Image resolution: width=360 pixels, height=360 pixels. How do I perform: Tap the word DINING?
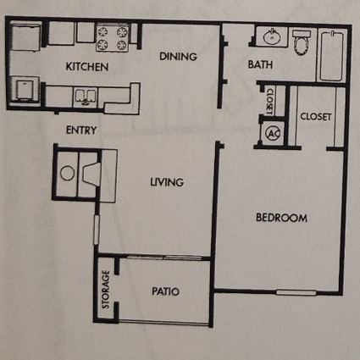(178, 57)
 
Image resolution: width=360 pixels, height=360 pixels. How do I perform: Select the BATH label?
(259, 64)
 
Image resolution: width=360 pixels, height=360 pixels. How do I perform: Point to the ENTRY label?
(81, 130)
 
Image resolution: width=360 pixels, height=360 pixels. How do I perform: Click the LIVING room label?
(168, 182)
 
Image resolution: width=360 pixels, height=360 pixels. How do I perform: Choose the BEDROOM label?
(281, 218)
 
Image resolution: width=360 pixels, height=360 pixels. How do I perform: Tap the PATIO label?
(165, 291)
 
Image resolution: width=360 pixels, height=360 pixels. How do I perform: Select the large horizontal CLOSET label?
(315, 116)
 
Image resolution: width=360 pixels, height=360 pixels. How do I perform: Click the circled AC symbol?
(273, 133)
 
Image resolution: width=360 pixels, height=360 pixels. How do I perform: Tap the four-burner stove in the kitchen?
(112, 37)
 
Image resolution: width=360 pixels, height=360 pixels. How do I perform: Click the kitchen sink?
(87, 97)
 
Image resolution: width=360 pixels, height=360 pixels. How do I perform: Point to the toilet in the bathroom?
(302, 42)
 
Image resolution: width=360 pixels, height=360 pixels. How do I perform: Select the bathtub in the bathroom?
(330, 56)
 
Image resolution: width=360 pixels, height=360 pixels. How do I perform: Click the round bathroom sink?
(272, 38)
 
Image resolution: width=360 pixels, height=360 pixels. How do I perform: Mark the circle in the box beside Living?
(67, 174)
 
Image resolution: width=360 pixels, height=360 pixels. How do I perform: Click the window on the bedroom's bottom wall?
(292, 292)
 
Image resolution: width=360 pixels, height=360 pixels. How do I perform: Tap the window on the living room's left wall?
(96, 227)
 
